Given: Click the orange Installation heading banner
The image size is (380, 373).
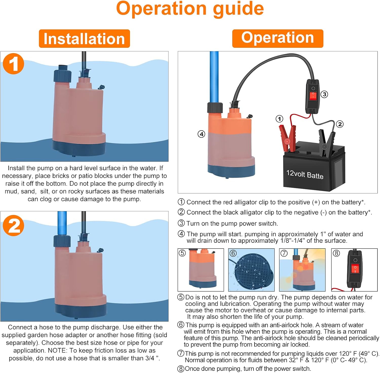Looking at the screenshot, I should (x=84, y=39).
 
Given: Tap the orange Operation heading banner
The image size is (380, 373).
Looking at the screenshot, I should (x=277, y=38).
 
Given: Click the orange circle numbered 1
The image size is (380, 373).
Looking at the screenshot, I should (x=13, y=64).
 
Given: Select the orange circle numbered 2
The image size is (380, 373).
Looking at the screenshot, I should (x=13, y=226).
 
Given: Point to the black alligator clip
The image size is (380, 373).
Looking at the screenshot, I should (x=326, y=142).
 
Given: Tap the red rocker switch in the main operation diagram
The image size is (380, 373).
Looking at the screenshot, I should (x=313, y=96).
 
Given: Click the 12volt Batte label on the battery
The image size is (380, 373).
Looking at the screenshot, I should (x=305, y=174).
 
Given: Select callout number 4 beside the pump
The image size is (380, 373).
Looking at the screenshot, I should (x=201, y=134).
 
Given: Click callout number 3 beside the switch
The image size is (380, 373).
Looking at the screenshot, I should (x=324, y=94).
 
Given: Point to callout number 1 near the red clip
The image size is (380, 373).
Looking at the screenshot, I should (x=279, y=119).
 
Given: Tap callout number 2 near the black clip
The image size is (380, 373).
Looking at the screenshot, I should (x=340, y=124).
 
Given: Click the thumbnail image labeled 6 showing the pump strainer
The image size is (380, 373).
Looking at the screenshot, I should (x=251, y=270).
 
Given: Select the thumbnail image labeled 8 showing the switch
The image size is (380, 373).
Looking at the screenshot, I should (x=354, y=270).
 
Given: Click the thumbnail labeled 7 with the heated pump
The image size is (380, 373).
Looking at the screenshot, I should (x=302, y=270).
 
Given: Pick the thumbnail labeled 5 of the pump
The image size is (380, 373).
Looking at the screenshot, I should (x=201, y=270).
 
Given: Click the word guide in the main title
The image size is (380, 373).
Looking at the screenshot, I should (x=238, y=9).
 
